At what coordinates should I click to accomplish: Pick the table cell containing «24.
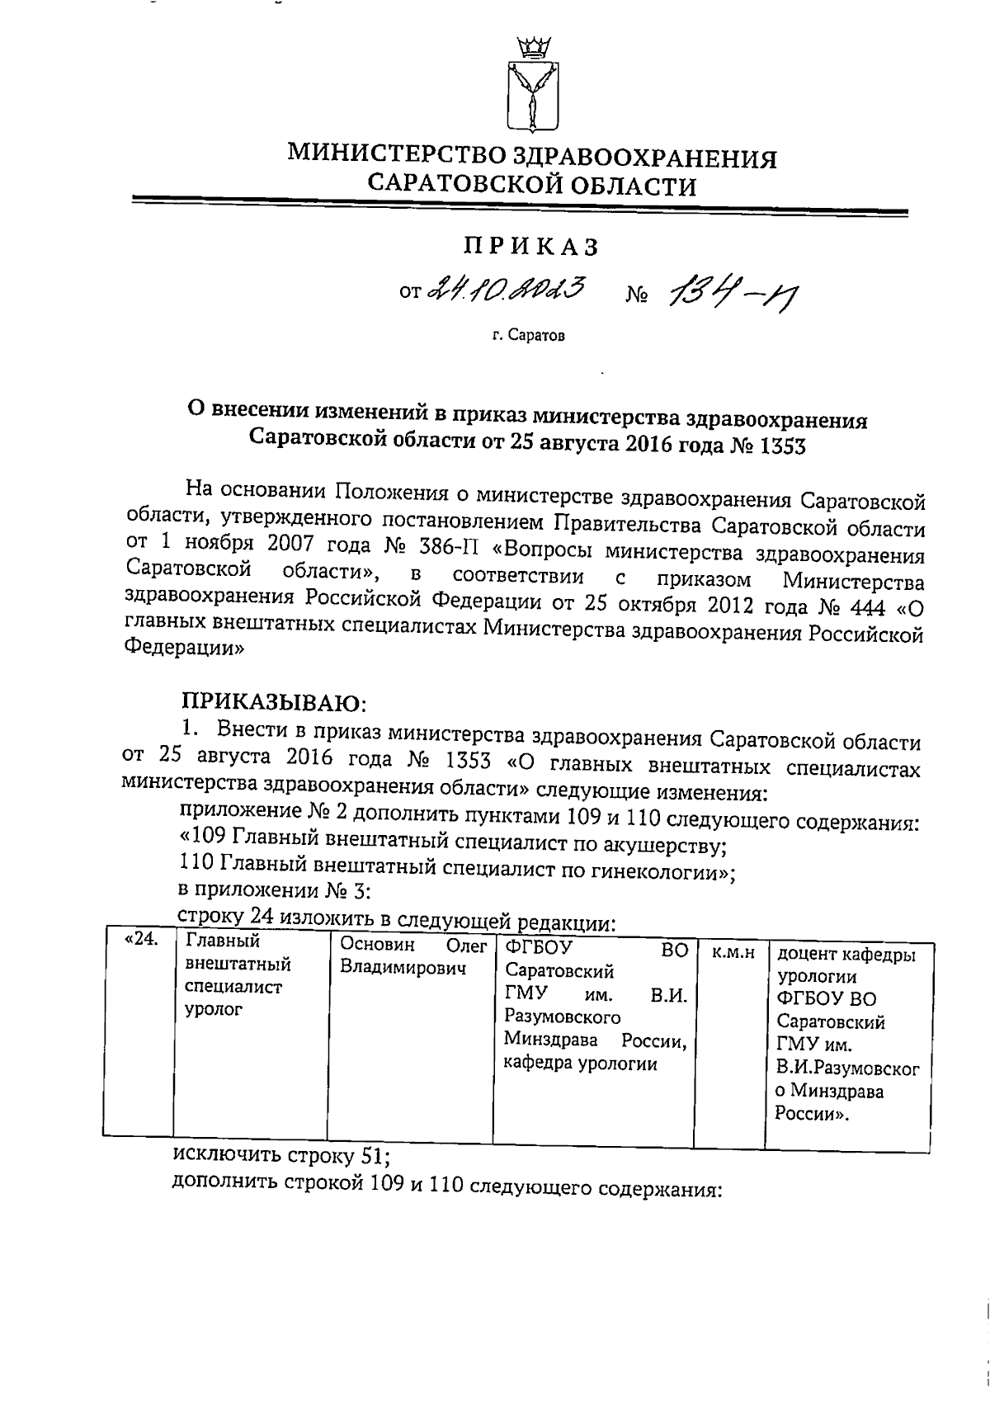coord(140,941)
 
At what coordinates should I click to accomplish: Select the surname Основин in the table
coord(376,945)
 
